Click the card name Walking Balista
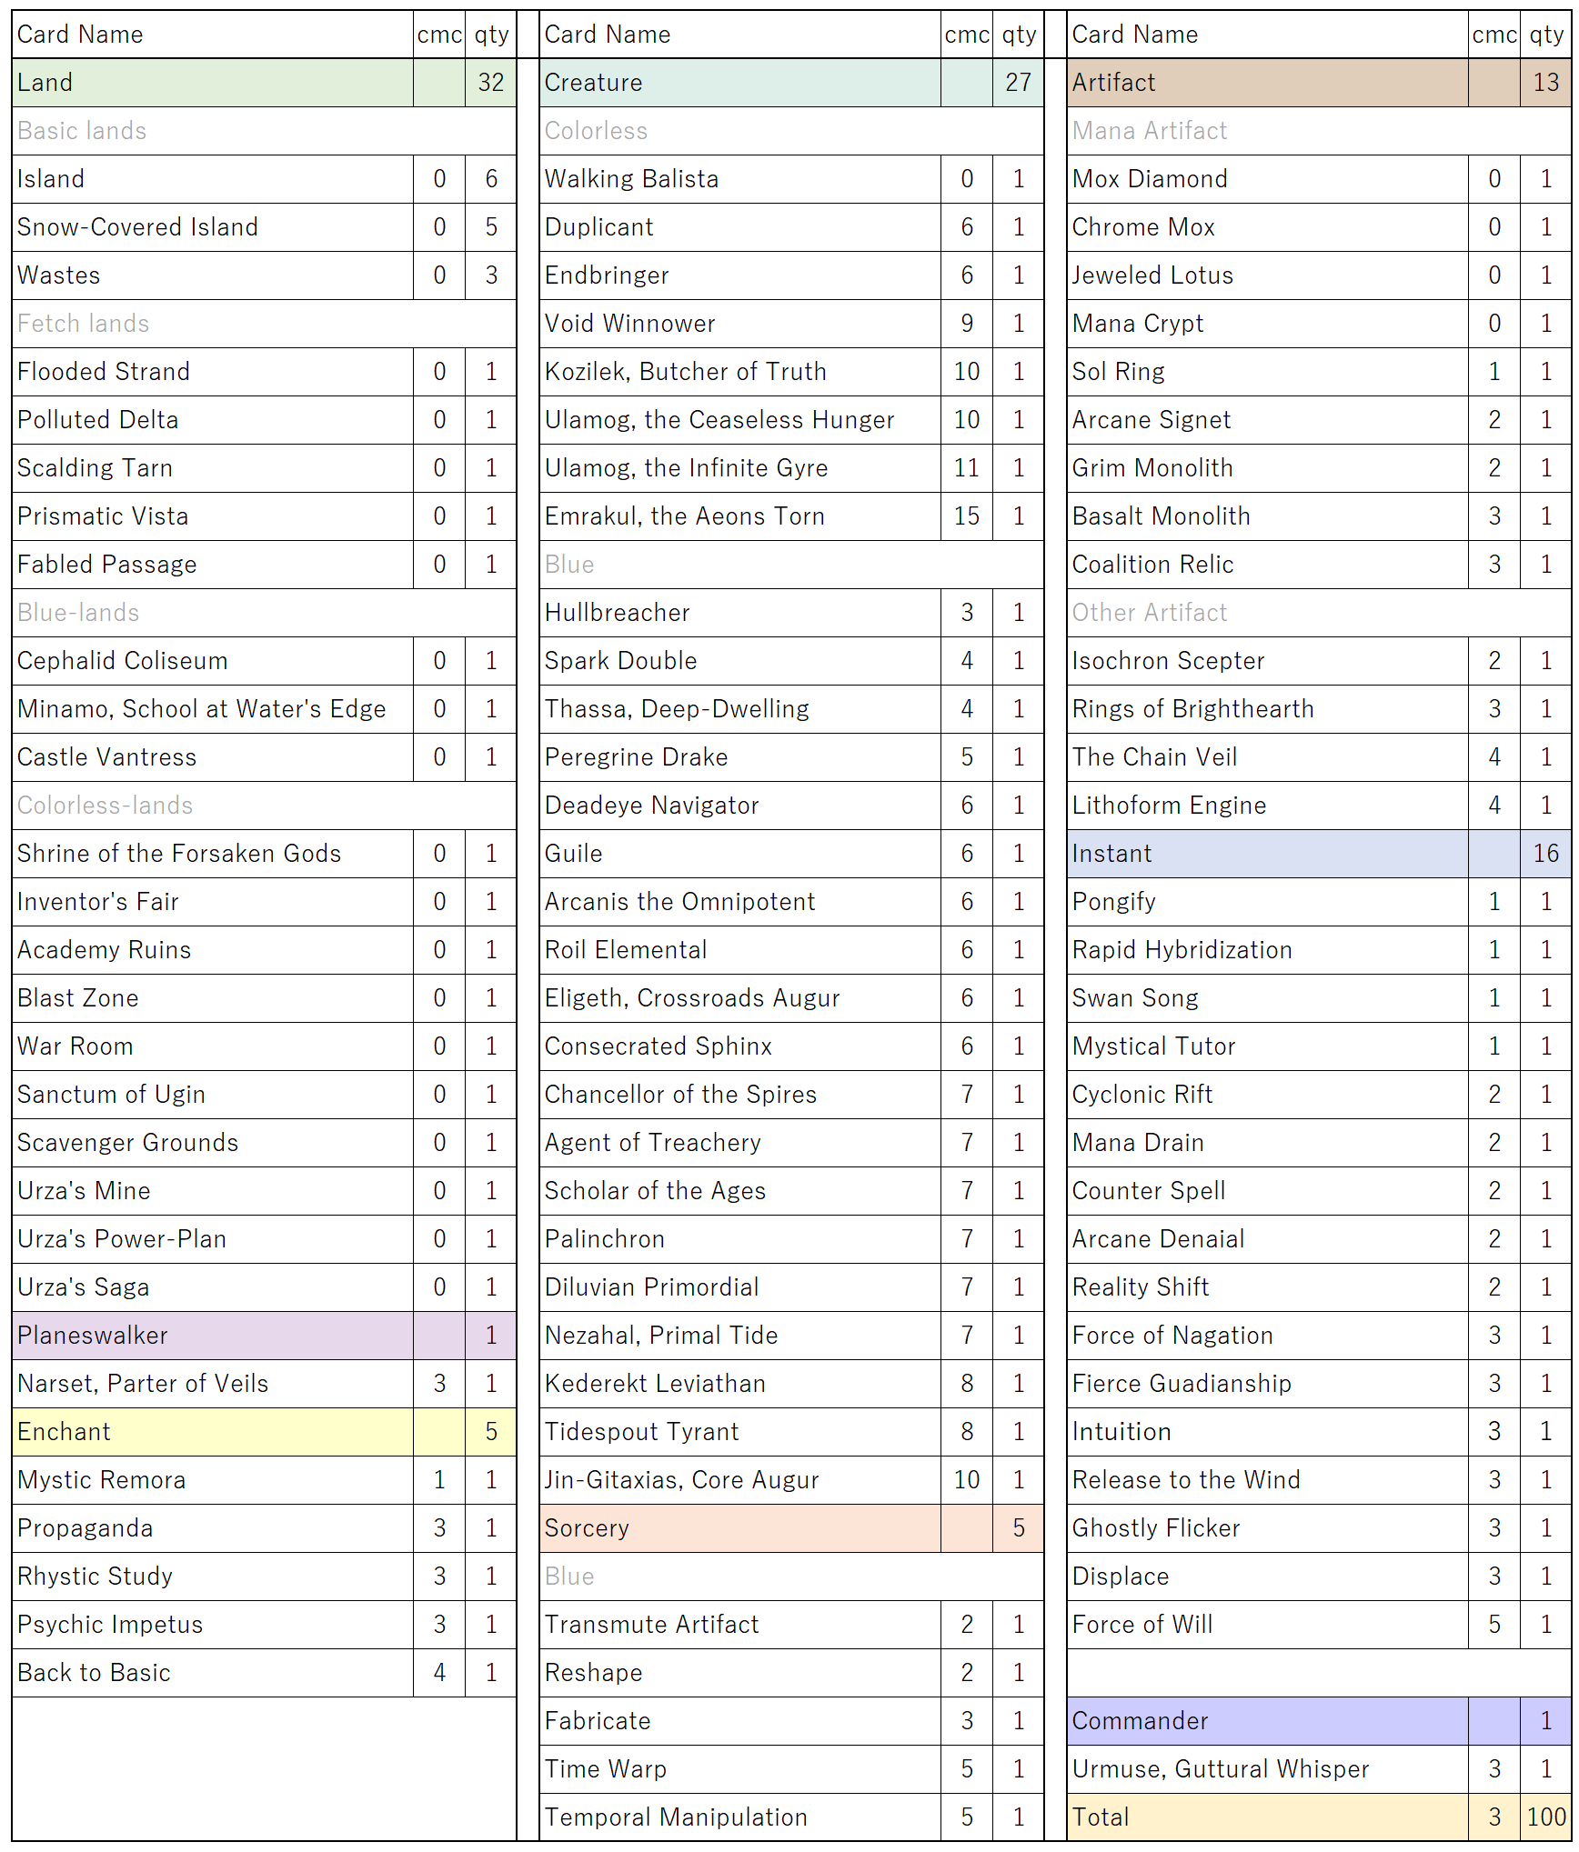click(x=631, y=179)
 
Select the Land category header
click(x=45, y=83)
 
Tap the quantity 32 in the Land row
click(x=491, y=83)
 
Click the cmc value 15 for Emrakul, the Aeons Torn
click(x=966, y=516)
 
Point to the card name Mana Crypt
click(x=1137, y=324)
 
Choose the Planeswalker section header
click(x=93, y=1336)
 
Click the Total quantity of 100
click(x=1545, y=1817)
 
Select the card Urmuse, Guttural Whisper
click(x=1220, y=1768)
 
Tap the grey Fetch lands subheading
click(x=83, y=324)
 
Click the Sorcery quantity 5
click(x=1019, y=1528)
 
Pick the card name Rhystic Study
click(x=95, y=1577)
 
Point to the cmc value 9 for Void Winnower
click(x=966, y=324)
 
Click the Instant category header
click(x=1111, y=854)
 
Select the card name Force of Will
click(x=1142, y=1625)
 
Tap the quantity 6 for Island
click(x=491, y=179)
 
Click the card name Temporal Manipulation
click(x=676, y=1817)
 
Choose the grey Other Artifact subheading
click(x=1149, y=613)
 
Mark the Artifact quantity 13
click(x=1545, y=83)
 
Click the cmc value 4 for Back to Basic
click(x=439, y=1673)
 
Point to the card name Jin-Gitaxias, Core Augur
click(x=681, y=1480)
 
